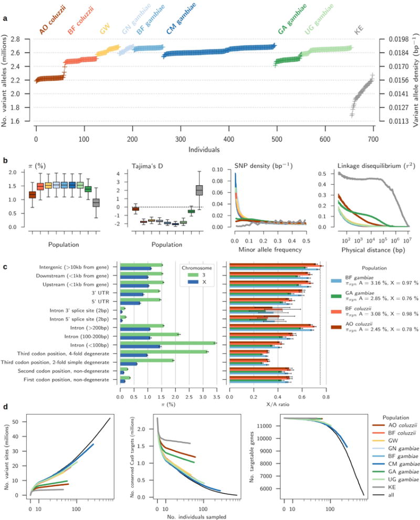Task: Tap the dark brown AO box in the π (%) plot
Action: (33, 195)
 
